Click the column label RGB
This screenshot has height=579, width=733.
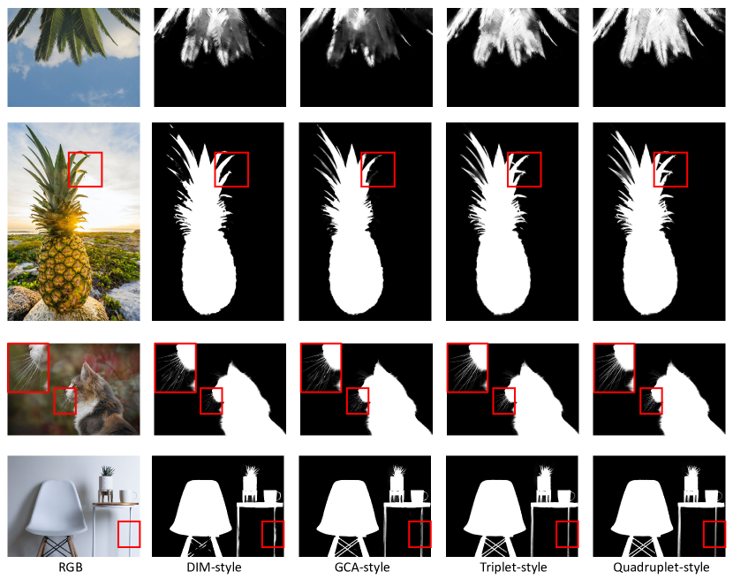pyautogui.click(x=71, y=568)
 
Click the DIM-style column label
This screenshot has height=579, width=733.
pyautogui.click(x=214, y=568)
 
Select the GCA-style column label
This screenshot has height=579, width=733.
pyautogui.click(x=362, y=568)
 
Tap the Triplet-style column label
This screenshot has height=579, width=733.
pyautogui.click(x=513, y=568)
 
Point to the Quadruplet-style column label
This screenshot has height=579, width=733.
pyautogui.click(x=661, y=568)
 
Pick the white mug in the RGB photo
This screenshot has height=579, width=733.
pyautogui.click(x=128, y=496)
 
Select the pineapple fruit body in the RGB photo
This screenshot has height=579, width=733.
pyautogui.click(x=64, y=270)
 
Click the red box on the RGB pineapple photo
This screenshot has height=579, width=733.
pyautogui.click(x=85, y=170)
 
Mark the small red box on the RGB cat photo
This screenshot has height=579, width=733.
pyautogui.click(x=65, y=400)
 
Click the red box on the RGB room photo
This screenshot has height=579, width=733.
pyautogui.click(x=129, y=534)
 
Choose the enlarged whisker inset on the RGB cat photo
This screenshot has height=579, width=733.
pyautogui.click(x=28, y=368)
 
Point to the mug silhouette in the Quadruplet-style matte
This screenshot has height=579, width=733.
pyautogui.click(x=714, y=496)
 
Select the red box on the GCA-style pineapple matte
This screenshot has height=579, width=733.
pyautogui.click(x=378, y=170)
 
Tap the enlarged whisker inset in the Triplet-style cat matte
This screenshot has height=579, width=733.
pyautogui.click(x=467, y=368)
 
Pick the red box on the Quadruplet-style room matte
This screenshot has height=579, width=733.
pyautogui.click(x=714, y=534)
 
